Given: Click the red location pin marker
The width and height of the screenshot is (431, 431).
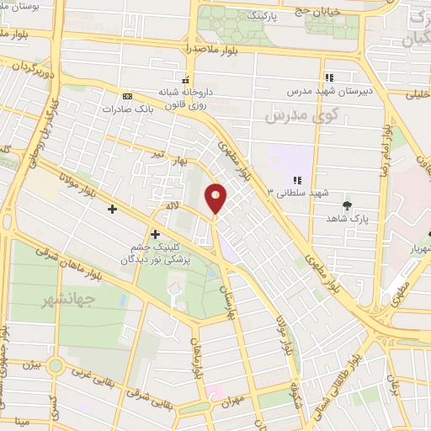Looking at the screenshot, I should point(217,198).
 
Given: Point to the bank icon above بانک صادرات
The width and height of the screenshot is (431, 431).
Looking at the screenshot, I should point(127,96).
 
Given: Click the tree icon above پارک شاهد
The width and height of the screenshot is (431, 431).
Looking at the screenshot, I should point(347,205).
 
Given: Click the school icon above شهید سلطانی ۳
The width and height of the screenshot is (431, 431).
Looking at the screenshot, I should point(296,180).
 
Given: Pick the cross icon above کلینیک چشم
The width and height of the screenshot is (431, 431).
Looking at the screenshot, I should point(155,233).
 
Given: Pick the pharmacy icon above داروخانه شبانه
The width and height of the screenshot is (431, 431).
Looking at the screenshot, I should point(184,79).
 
